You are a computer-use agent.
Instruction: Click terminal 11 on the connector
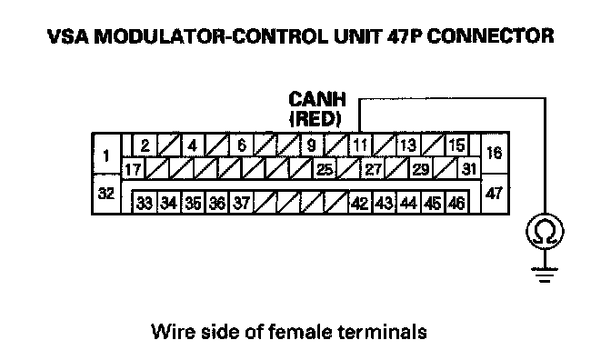pyautogui.click(x=360, y=145)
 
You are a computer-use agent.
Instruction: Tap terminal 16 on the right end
pyautogui.click(x=495, y=153)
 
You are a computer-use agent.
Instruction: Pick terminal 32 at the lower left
pyautogui.click(x=106, y=194)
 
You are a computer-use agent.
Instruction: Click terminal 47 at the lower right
pyautogui.click(x=495, y=194)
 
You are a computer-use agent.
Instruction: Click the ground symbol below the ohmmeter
pyautogui.click(x=545, y=275)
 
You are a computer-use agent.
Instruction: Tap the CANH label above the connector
pyautogui.click(x=317, y=99)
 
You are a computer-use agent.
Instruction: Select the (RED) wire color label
pyautogui.click(x=316, y=119)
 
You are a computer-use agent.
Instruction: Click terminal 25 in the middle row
pyautogui.click(x=325, y=169)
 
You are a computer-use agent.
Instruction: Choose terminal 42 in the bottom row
pyautogui.click(x=360, y=203)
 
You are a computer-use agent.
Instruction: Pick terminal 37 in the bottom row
pyautogui.click(x=242, y=203)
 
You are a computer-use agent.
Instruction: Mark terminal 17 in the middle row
pyautogui.click(x=133, y=169)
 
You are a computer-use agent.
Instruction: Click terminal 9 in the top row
pyautogui.click(x=311, y=145)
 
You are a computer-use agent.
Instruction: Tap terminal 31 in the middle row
pyautogui.click(x=469, y=169)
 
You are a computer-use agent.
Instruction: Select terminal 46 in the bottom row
pyautogui.click(x=456, y=203)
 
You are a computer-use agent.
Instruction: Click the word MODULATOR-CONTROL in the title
pyautogui.click(x=211, y=36)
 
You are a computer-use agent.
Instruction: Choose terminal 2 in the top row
pyautogui.click(x=145, y=145)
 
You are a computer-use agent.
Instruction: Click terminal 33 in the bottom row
pyautogui.click(x=145, y=203)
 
